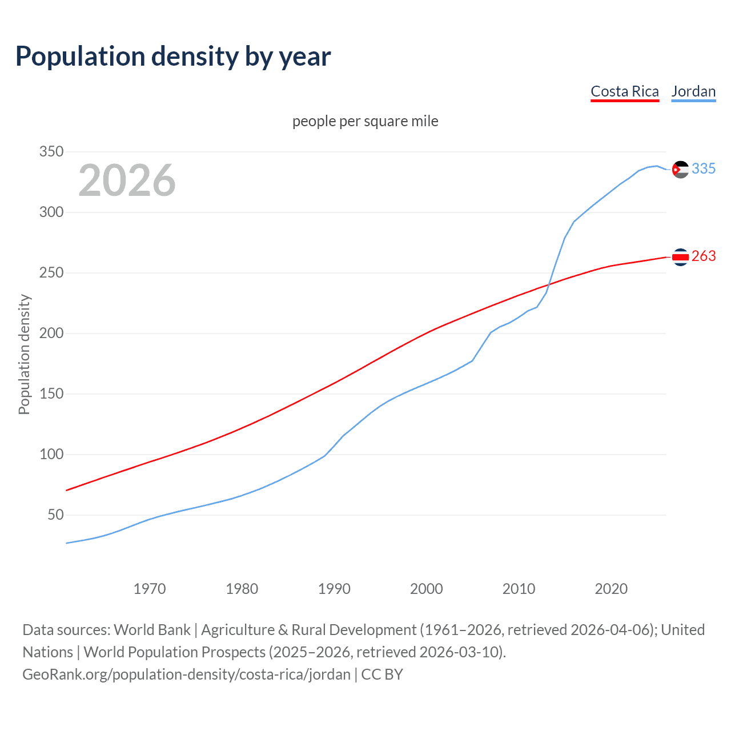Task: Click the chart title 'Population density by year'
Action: [x=173, y=57]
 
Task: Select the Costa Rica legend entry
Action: [x=625, y=91]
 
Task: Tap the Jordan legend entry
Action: [x=693, y=91]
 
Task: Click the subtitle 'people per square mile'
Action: [x=365, y=121]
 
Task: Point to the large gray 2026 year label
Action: [x=127, y=180]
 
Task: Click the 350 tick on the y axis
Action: [x=51, y=152]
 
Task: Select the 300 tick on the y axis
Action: [x=51, y=212]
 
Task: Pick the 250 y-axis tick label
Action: [x=51, y=273]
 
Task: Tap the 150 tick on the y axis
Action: [x=51, y=394]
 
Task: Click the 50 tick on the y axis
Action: [x=55, y=515]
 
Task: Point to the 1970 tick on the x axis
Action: [x=150, y=589]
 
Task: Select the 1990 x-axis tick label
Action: [x=334, y=589]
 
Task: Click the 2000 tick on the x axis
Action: [x=427, y=589]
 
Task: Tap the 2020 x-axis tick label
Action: [x=611, y=589]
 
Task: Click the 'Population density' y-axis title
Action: [x=24, y=354]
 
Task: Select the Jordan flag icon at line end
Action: [x=680, y=170]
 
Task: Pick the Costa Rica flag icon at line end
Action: [x=680, y=258]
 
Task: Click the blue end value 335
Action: [x=704, y=169]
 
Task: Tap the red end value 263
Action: [x=704, y=256]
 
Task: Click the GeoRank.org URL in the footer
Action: [x=186, y=674]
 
